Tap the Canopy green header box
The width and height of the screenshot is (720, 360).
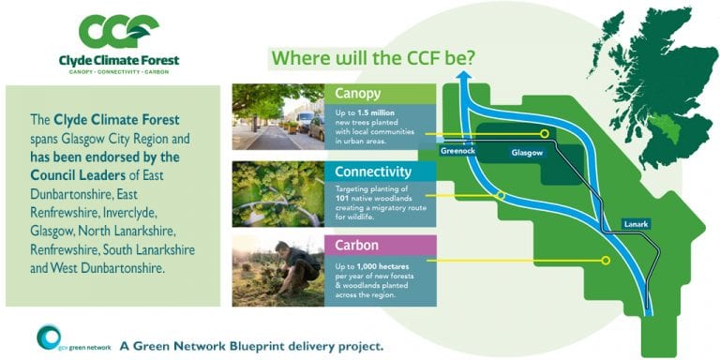pos(380,94)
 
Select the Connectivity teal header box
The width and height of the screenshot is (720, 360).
pos(380,171)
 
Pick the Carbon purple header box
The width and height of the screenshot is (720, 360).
pos(380,246)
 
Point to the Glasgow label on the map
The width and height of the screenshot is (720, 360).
pos(527,152)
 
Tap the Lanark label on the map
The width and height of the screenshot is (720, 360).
pos(635,223)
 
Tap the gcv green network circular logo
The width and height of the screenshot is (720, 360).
pos(50,339)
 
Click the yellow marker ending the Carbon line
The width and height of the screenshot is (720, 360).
pos(605,261)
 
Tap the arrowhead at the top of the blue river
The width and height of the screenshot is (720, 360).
pos(465,90)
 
